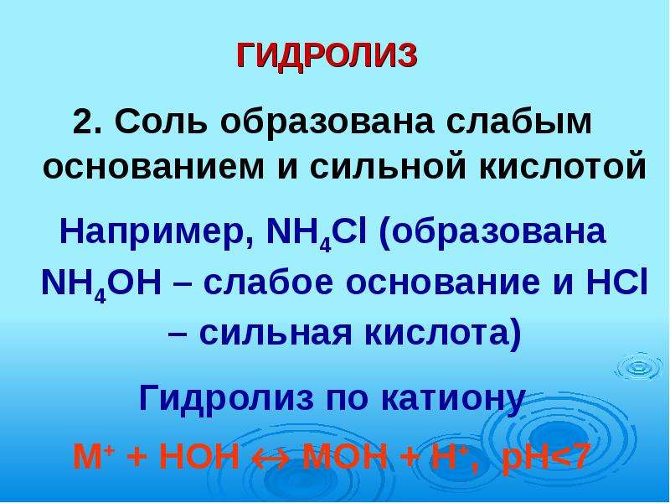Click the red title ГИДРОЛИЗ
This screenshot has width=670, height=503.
(x=327, y=56)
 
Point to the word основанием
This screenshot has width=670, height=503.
(x=154, y=167)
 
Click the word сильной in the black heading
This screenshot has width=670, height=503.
(x=388, y=167)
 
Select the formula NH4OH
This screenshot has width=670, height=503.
(x=101, y=284)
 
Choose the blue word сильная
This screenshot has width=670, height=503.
(x=276, y=334)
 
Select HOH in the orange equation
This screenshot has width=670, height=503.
(x=199, y=456)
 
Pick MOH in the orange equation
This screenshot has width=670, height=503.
(x=344, y=456)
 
